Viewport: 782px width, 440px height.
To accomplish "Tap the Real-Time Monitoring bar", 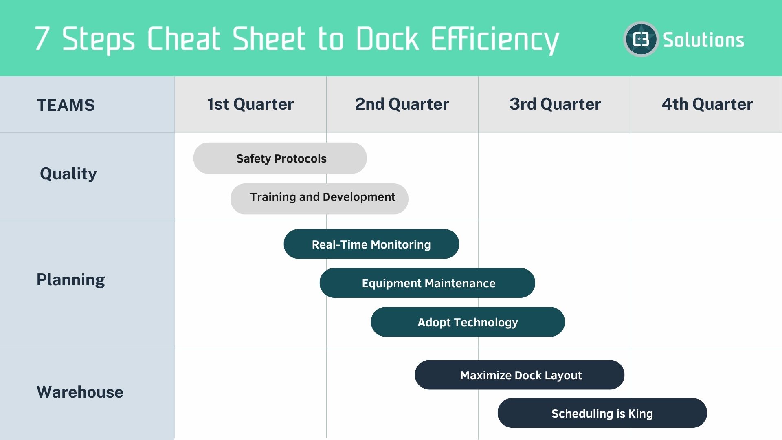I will pos(371,244).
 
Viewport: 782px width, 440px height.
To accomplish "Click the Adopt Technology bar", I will pos(468,322).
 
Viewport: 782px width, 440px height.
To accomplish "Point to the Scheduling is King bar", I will pos(602,413).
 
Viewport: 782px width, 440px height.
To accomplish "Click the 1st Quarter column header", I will pos(250,104).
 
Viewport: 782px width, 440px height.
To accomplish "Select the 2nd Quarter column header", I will pos(402,104).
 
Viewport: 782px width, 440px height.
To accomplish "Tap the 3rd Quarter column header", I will pos(555,104).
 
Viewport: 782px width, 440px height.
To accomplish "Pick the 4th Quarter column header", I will pos(707,104).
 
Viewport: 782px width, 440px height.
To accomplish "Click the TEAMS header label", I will pos(66,105).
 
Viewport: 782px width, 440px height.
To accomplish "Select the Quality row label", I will pos(68,174).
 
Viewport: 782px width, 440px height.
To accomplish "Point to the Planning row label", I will pos(71,280).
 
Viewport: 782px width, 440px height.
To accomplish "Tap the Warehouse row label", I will pos(80,392).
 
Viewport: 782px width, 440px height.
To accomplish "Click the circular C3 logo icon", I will pos(641,40).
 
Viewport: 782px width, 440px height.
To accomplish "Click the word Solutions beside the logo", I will pos(703,40).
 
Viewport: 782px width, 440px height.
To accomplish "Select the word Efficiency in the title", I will pos(494,40).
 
